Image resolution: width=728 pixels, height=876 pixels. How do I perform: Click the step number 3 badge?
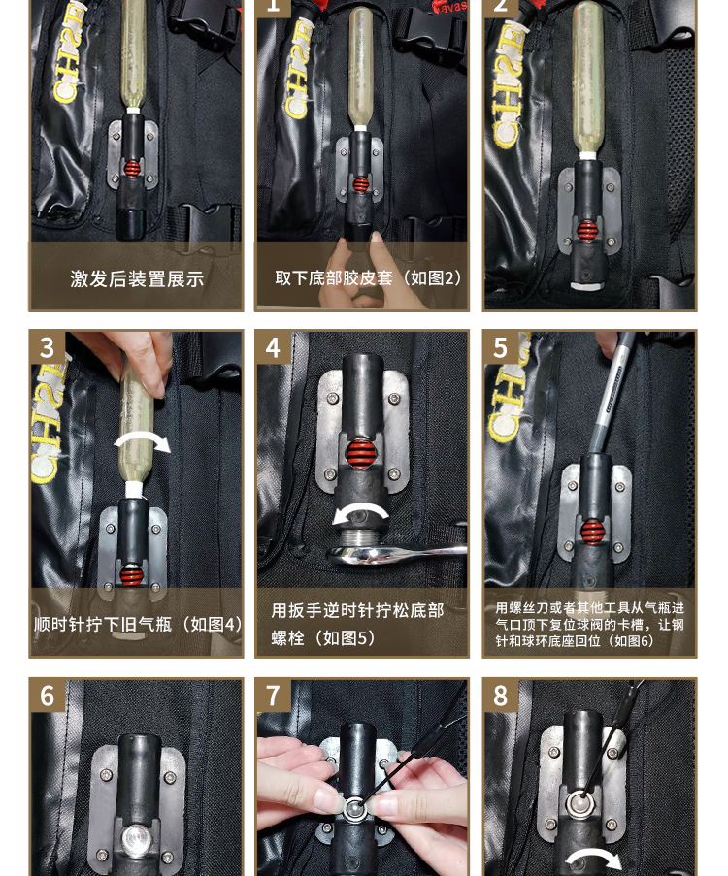(x=47, y=348)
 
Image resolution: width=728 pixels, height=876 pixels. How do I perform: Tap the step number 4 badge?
(x=273, y=348)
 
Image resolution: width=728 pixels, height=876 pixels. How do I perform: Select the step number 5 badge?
(x=501, y=348)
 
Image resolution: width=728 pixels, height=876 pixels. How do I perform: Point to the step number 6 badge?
(x=47, y=697)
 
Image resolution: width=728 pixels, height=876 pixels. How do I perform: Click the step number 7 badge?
(x=273, y=697)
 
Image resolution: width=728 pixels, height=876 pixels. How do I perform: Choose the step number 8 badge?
(x=501, y=697)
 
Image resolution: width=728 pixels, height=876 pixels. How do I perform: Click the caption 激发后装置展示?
(x=137, y=278)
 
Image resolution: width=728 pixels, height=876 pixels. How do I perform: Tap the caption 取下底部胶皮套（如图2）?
(x=369, y=277)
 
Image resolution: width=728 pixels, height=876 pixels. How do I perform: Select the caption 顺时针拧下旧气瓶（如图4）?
(x=138, y=624)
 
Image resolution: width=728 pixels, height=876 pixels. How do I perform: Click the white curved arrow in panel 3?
(x=142, y=440)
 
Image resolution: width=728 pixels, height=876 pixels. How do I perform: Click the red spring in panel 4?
(x=360, y=453)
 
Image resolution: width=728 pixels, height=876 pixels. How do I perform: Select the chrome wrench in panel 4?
(x=391, y=554)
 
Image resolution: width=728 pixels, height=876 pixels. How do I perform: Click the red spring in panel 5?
(x=592, y=532)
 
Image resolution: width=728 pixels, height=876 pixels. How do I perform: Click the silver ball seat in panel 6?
(x=137, y=838)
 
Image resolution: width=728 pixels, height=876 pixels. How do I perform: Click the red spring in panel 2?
(x=586, y=230)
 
